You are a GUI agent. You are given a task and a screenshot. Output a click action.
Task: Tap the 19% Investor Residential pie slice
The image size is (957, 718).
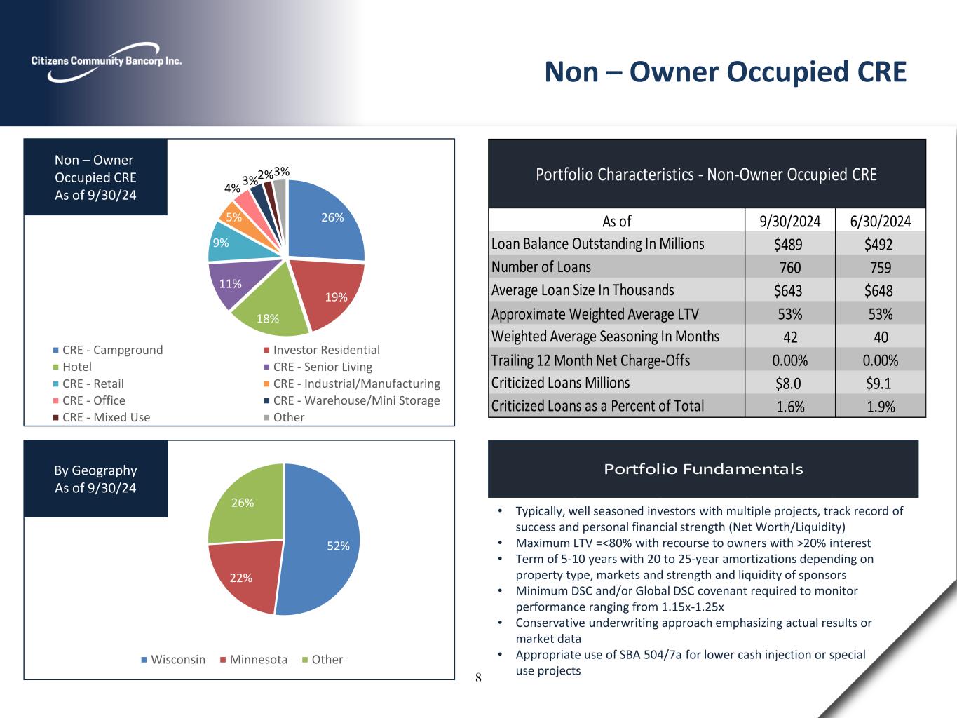(x=333, y=294)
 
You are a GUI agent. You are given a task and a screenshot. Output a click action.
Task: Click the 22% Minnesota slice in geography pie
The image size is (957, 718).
(x=242, y=575)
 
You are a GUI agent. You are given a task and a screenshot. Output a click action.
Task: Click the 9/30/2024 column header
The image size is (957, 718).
(x=790, y=222)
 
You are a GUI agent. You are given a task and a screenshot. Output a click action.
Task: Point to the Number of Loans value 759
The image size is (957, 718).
(x=881, y=267)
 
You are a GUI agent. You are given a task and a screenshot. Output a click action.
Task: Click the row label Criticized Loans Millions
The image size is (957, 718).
(x=561, y=383)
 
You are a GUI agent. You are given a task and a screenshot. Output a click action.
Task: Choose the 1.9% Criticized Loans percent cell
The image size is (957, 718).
(x=881, y=406)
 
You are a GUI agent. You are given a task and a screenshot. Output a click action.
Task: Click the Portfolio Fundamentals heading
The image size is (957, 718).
(x=703, y=469)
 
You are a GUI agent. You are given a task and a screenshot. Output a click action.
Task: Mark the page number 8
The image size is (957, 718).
(x=478, y=677)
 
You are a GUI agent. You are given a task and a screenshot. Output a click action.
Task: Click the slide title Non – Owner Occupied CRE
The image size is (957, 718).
(x=726, y=72)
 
